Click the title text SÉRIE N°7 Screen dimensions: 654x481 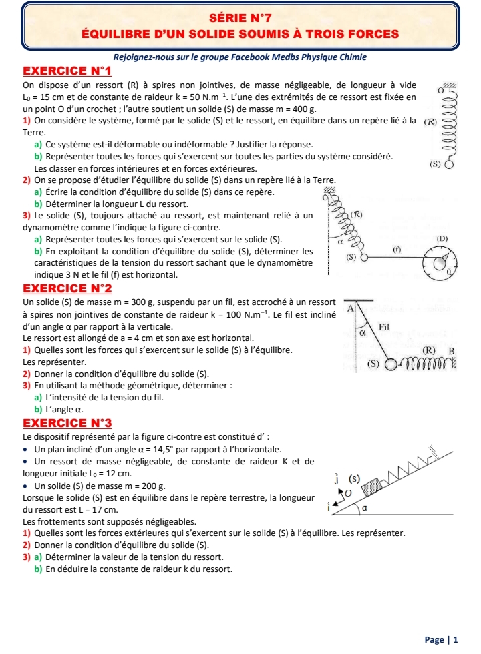pos(240,15)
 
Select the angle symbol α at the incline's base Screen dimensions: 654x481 pos(364,508)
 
